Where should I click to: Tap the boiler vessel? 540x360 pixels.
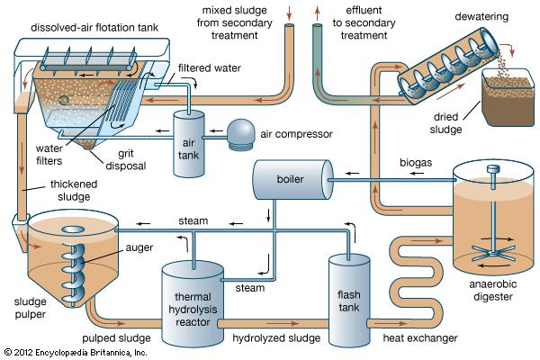click(x=288, y=179)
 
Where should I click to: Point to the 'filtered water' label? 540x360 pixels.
click(x=209, y=67)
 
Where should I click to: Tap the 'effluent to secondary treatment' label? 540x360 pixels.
click(x=369, y=22)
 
